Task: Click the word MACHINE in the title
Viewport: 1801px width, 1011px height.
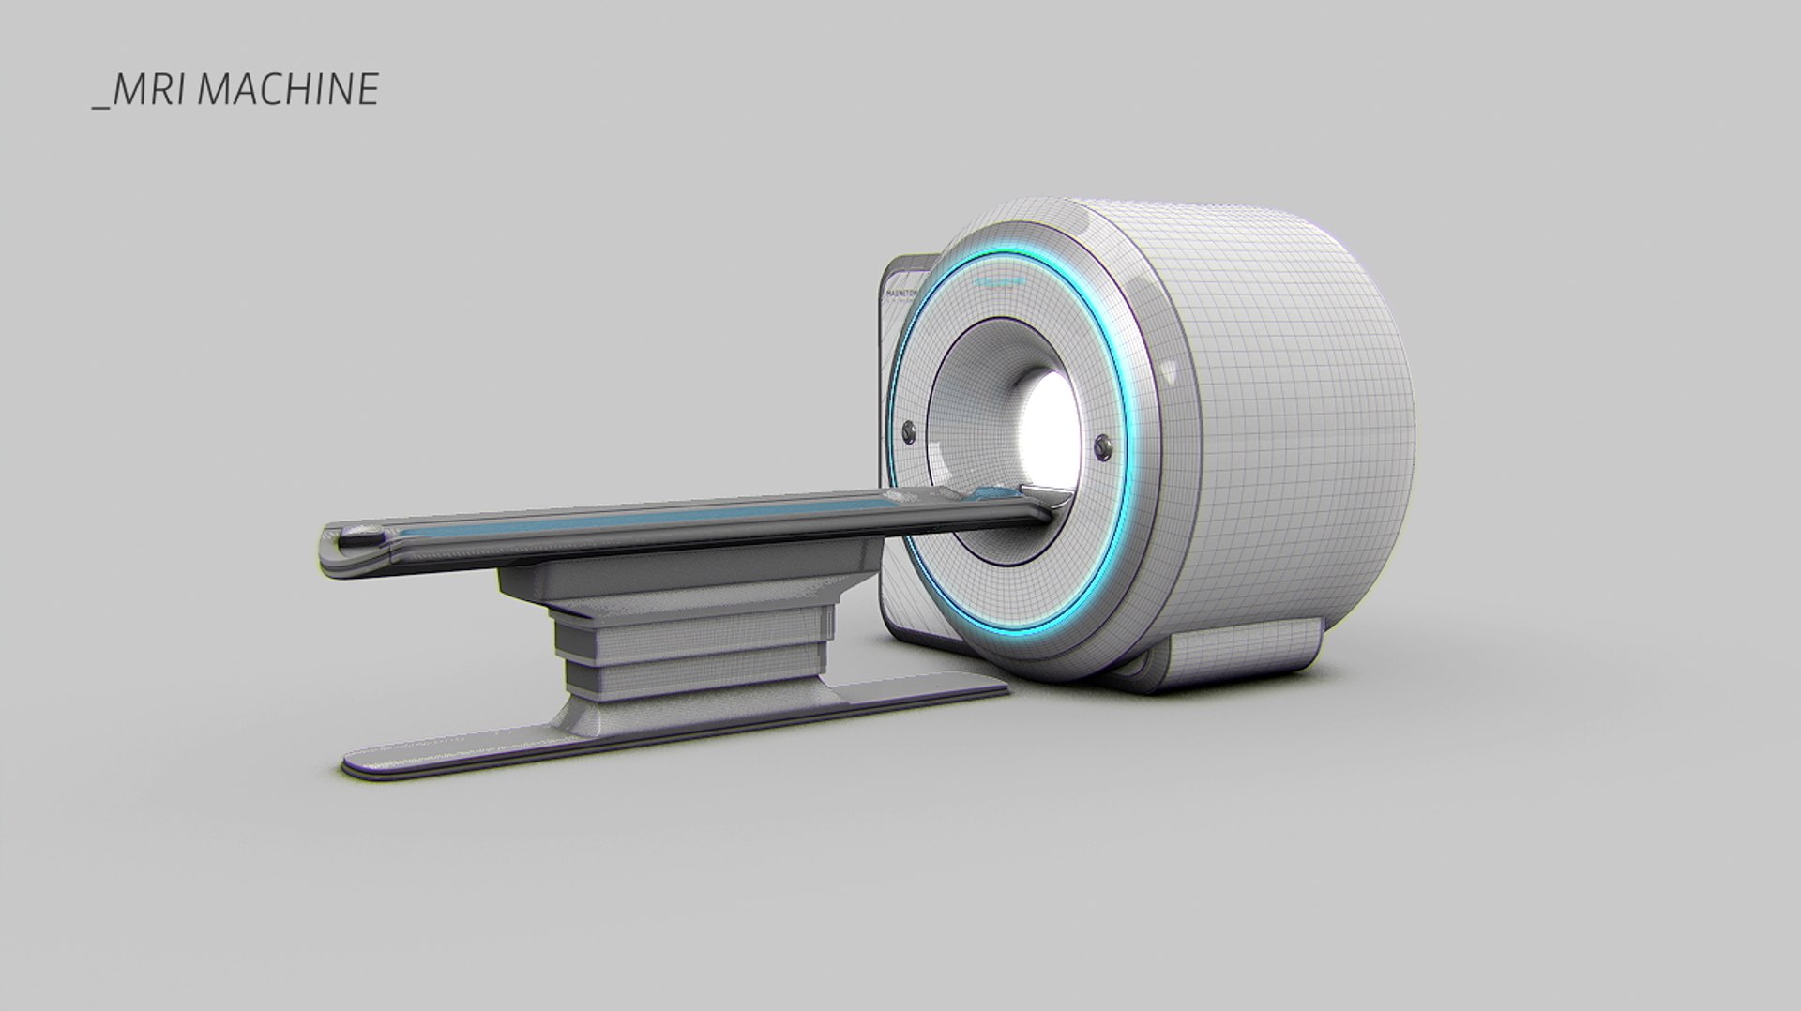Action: pyautogui.click(x=289, y=89)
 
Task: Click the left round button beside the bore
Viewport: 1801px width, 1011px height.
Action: pyautogui.click(x=908, y=430)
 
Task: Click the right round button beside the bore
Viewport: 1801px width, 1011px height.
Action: pyautogui.click(x=1102, y=445)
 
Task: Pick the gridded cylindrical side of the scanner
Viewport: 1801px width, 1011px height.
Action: pyautogui.click(x=1313, y=422)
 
